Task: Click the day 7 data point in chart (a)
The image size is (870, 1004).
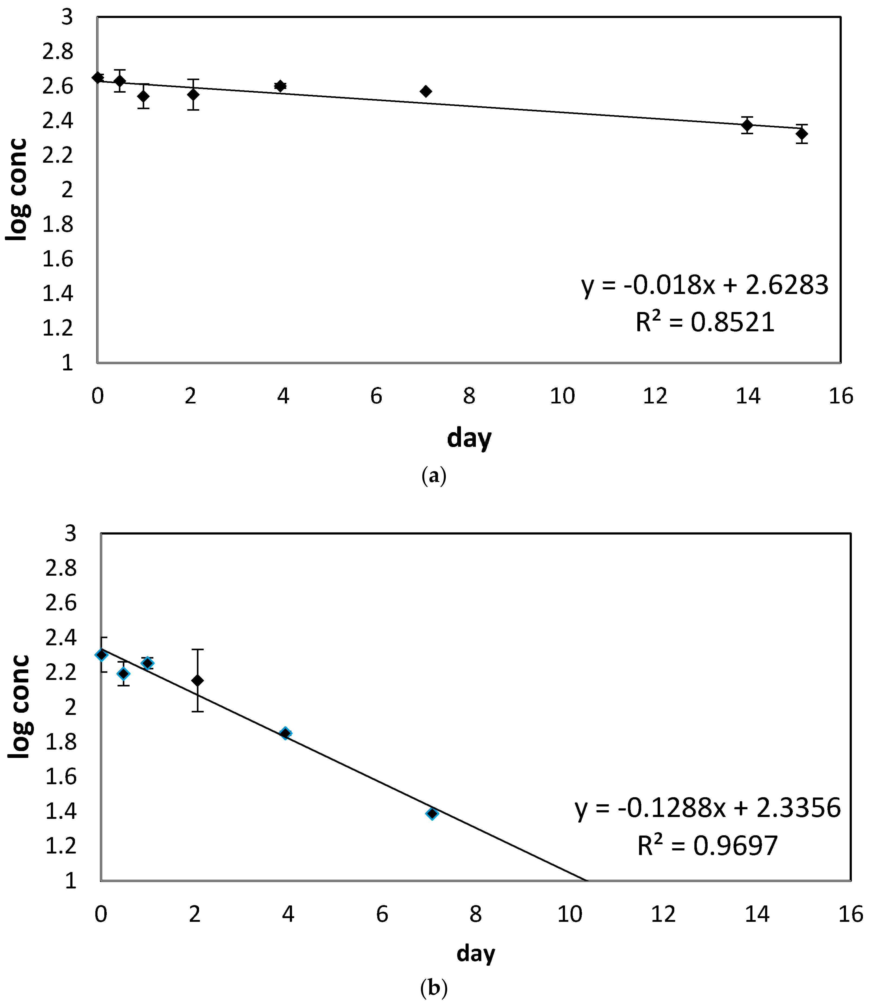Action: click(x=426, y=91)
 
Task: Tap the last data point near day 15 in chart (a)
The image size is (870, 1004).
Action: click(x=802, y=134)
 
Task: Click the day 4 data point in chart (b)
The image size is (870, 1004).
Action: click(x=285, y=733)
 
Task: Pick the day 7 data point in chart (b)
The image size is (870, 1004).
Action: click(x=431, y=813)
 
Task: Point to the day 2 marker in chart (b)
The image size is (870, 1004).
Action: click(x=197, y=681)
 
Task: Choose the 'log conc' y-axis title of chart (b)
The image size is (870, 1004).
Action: click(x=19, y=707)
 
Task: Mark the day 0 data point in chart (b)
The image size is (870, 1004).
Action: click(x=101, y=655)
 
